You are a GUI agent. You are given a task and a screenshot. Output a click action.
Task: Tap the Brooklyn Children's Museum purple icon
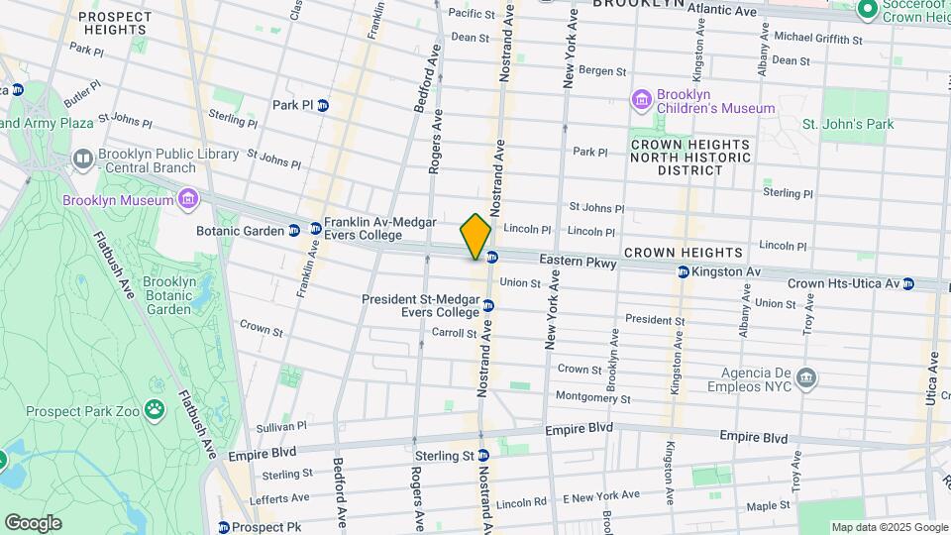pyautogui.click(x=641, y=99)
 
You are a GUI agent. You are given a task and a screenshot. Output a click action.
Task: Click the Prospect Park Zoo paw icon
pyautogui.click(x=154, y=408)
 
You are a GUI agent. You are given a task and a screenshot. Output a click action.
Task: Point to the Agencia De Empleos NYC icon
pyautogui.click(x=806, y=376)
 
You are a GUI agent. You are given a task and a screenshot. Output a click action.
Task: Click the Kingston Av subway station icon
pyautogui.click(x=683, y=271)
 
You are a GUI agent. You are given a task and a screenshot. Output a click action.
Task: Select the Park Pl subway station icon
pyautogui.click(x=323, y=105)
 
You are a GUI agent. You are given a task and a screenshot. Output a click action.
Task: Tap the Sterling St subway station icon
pyautogui.click(x=482, y=457)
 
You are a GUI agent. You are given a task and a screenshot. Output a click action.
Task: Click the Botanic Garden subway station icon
pyautogui.click(x=294, y=229)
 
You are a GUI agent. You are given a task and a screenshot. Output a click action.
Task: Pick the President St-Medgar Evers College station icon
pyautogui.click(x=488, y=305)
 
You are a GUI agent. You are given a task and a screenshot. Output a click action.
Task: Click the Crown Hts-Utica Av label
pyautogui.click(x=842, y=283)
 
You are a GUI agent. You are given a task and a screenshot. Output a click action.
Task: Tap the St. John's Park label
pyautogui.click(x=847, y=124)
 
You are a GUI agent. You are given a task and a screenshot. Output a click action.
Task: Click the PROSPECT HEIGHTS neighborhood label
pyautogui.click(x=115, y=24)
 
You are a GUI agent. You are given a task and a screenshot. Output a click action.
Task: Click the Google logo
pyautogui.click(x=33, y=522)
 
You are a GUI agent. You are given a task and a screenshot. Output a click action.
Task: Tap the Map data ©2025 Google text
pyautogui.click(x=888, y=527)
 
